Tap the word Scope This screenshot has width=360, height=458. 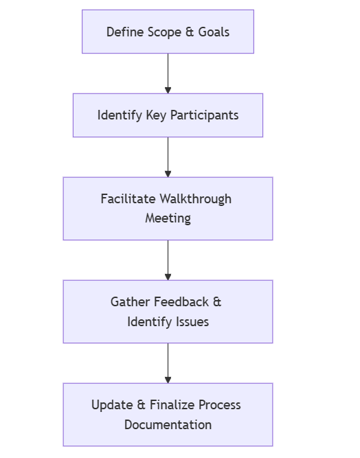[164, 32]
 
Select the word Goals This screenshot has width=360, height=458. [214, 32]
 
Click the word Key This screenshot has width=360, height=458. [156, 115]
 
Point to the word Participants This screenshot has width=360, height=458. [204, 115]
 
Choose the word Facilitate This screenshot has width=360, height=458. [128, 199]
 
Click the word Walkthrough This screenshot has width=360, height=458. [196, 199]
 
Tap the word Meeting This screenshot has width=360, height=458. [168, 218]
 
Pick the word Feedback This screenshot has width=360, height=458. [182, 302]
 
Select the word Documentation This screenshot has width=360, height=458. [168, 424]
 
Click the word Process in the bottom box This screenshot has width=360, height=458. [221, 405]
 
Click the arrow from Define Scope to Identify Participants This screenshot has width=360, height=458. [168, 73]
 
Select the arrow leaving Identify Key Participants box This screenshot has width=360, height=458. [168, 157]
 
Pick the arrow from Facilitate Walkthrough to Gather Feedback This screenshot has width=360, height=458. [168, 260]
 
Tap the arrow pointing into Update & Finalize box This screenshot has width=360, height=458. [168, 363]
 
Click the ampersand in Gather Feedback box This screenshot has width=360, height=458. [217, 302]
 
